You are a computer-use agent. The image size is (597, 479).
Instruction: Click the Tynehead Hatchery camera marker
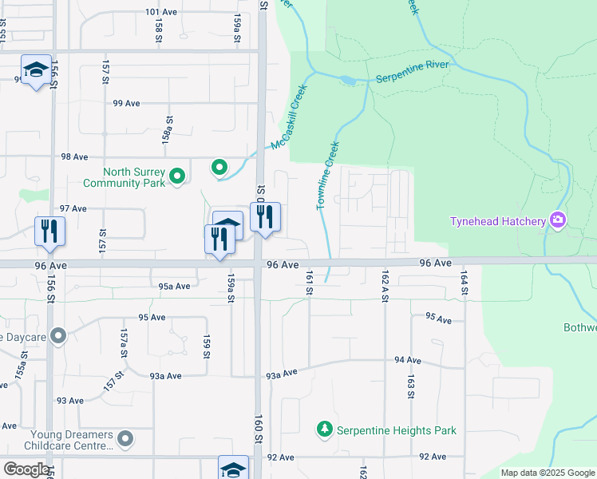click(x=558, y=220)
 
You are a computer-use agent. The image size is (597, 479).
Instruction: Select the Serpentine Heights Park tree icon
click(x=325, y=430)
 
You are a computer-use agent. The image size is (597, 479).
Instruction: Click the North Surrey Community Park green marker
click(x=178, y=176)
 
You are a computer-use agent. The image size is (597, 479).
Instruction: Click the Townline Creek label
click(x=328, y=176)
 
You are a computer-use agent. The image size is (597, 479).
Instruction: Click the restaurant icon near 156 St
click(x=50, y=232)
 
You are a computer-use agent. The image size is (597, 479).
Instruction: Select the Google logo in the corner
click(x=26, y=469)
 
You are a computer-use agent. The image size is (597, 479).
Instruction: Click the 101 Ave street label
click(x=161, y=13)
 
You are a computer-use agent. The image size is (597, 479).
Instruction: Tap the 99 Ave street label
click(x=127, y=104)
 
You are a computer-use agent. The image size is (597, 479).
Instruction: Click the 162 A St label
click(x=385, y=285)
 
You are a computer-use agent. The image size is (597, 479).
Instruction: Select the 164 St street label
click(x=463, y=285)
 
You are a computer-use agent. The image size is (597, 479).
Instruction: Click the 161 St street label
click(x=307, y=282)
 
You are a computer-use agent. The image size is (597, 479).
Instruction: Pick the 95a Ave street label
click(x=175, y=286)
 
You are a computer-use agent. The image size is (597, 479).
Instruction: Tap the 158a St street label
click(x=168, y=128)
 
